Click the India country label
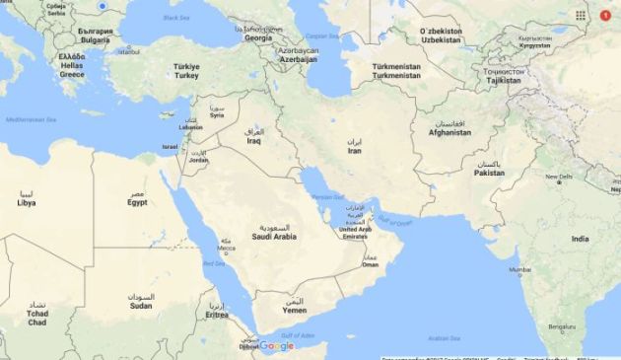[x=580, y=239]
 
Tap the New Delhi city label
[x=558, y=177]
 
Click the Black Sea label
[x=176, y=18]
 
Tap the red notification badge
[x=605, y=15]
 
